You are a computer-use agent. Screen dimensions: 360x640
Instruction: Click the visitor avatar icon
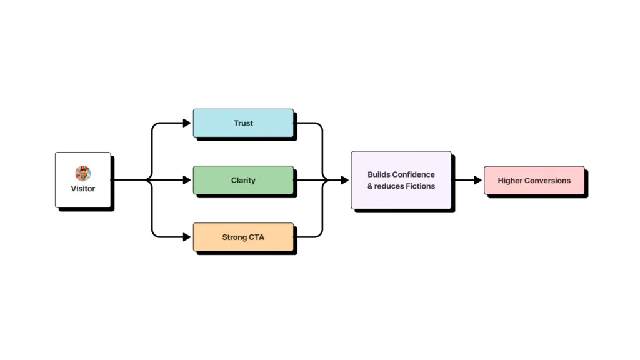[x=83, y=173]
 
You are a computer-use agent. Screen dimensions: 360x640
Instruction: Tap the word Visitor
[x=83, y=188]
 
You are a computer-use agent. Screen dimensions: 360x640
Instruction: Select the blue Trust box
[x=243, y=123]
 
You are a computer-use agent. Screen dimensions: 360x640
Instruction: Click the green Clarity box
[x=243, y=180]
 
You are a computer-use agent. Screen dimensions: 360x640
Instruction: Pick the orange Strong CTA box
[x=243, y=237]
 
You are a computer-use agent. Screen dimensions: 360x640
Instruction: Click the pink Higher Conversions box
[x=534, y=180]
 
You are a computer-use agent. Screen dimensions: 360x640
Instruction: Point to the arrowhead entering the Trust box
[x=187, y=123]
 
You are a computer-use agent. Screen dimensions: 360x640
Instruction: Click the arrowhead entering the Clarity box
[x=187, y=180]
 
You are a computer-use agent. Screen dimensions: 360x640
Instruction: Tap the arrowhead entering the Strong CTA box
[x=187, y=237]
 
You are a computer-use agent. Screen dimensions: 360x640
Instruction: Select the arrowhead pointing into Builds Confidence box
[x=344, y=180]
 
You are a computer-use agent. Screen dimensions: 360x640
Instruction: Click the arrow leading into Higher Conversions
[x=477, y=180]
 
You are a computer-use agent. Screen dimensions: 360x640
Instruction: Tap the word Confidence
[x=413, y=174]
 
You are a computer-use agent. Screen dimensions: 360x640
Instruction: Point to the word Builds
[x=378, y=174]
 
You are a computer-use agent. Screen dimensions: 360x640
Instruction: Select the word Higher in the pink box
[x=510, y=180]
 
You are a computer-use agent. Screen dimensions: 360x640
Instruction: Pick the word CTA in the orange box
[x=256, y=237]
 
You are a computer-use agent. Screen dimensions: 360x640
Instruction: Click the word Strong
[x=234, y=237]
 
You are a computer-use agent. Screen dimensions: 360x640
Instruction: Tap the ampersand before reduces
[x=369, y=186]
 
